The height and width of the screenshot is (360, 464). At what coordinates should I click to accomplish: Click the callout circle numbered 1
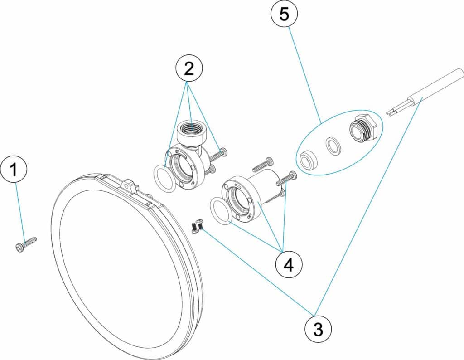click(14, 170)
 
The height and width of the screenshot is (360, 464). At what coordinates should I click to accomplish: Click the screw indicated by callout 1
click(25, 243)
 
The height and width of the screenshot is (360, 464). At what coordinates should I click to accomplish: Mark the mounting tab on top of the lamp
click(130, 186)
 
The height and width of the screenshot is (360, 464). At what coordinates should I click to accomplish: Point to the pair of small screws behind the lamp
click(197, 225)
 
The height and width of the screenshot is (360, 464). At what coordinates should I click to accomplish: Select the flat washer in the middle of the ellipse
click(335, 146)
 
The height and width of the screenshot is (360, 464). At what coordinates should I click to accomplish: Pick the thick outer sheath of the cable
click(435, 86)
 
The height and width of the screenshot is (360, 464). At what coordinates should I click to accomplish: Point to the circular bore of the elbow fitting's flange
click(184, 165)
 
